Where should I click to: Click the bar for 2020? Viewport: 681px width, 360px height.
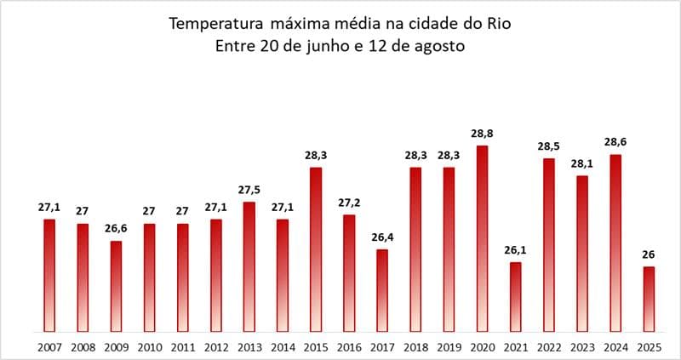click(x=482, y=238)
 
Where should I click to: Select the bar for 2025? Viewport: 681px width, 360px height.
click(x=649, y=299)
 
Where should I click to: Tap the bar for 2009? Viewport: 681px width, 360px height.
click(x=116, y=286)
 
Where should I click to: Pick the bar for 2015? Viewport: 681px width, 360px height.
click(x=316, y=249)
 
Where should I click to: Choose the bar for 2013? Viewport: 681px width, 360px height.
click(x=249, y=266)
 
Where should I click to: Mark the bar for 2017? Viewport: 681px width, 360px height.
click(x=382, y=290)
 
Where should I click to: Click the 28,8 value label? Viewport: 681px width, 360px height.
click(x=482, y=134)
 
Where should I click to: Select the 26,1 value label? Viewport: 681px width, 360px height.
click(x=515, y=251)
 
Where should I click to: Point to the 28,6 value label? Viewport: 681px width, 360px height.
click(x=615, y=143)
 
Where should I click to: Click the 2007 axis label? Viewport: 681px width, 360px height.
click(x=49, y=346)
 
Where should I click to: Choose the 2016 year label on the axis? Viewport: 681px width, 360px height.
click(x=349, y=346)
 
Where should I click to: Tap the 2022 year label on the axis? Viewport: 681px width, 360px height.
click(x=549, y=346)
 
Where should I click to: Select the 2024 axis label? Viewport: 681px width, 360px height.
click(x=615, y=346)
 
